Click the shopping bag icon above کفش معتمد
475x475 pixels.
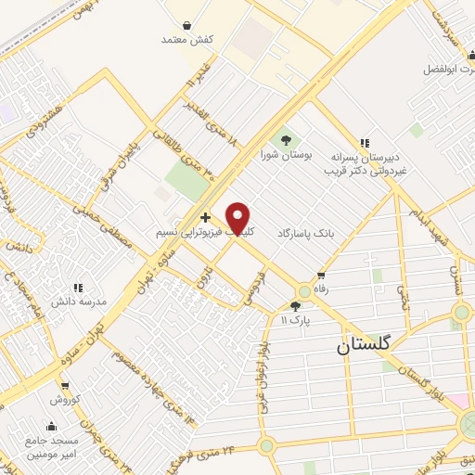point(188,25)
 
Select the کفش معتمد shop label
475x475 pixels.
point(188,40)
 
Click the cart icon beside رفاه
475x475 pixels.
point(321,276)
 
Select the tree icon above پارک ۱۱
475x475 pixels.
point(295,306)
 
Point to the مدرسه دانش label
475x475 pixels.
point(78,302)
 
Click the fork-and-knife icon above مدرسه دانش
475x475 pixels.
point(78,288)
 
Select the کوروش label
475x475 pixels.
point(66,399)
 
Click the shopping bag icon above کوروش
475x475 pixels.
point(64,385)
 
